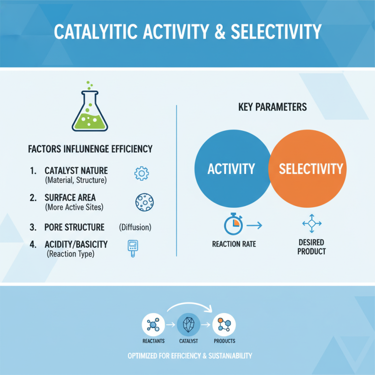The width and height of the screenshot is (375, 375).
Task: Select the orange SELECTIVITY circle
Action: [x=309, y=169]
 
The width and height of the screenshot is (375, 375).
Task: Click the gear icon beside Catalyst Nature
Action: [x=141, y=174]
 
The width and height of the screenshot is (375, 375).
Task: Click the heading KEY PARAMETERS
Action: [x=272, y=107]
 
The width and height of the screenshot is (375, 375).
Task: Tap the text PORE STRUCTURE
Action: [x=75, y=227]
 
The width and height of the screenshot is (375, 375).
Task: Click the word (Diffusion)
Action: [x=135, y=227]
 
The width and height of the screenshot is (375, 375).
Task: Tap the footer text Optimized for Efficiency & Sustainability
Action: [x=190, y=356]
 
